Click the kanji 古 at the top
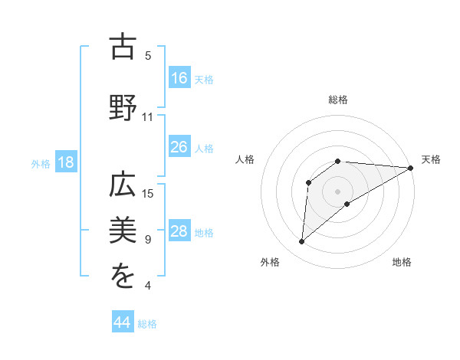[123, 46]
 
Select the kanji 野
[123, 106]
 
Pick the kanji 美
[123, 230]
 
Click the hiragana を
[123, 277]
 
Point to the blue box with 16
[179, 77]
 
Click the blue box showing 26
[179, 147]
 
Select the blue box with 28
[179, 231]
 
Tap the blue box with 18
[65, 162]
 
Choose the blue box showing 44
[123, 322]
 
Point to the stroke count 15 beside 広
[148, 193]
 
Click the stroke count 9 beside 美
[148, 240]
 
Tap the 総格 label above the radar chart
[337, 100]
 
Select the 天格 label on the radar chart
[431, 159]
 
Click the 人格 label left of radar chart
[245, 159]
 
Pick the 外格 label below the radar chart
[270, 262]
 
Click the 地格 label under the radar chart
[402, 262]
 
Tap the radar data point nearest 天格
[411, 168]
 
